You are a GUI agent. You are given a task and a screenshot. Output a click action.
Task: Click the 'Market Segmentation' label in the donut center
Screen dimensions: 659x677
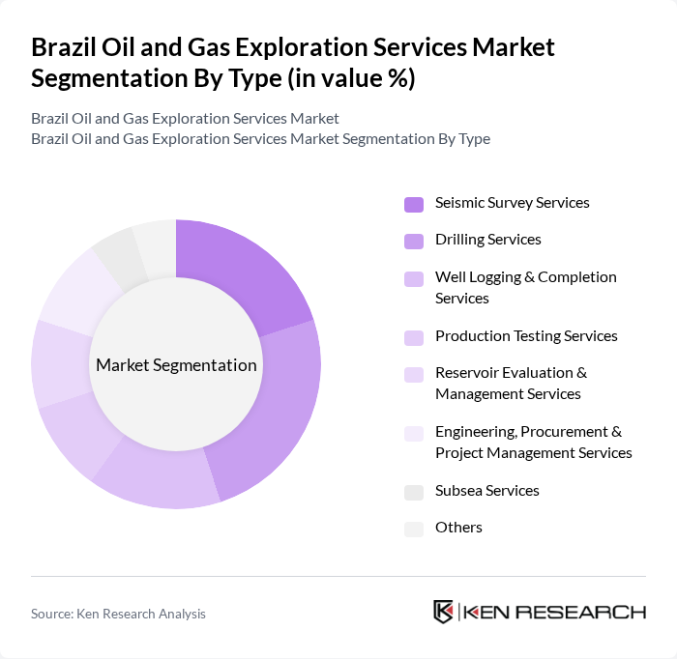[x=176, y=365]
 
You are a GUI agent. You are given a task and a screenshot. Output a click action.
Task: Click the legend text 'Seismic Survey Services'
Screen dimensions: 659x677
[x=512, y=203]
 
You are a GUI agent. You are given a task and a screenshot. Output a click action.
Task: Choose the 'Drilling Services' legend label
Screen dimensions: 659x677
[x=487, y=240]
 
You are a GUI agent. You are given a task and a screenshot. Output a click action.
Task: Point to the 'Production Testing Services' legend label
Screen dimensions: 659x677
[x=526, y=336]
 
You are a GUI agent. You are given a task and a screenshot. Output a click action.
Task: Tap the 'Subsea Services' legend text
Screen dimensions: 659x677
[x=486, y=491]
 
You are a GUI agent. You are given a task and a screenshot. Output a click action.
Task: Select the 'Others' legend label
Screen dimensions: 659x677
[x=458, y=528]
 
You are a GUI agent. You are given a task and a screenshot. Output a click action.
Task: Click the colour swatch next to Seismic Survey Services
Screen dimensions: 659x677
[x=414, y=204]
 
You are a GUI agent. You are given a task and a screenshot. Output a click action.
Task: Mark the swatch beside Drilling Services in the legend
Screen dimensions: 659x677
[x=414, y=241]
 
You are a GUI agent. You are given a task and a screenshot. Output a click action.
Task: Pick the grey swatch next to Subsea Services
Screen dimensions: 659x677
[x=414, y=492]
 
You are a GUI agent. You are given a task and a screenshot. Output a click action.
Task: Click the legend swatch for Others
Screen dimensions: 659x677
[x=414, y=529]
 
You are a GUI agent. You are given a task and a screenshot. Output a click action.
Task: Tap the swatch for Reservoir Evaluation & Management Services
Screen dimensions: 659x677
[x=414, y=374]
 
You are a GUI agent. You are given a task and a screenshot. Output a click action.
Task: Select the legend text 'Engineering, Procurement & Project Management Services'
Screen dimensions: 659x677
[x=533, y=443]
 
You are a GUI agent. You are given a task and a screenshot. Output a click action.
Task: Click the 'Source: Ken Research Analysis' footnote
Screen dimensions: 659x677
[x=118, y=614]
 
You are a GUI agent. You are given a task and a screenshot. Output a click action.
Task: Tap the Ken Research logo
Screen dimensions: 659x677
[x=539, y=612]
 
